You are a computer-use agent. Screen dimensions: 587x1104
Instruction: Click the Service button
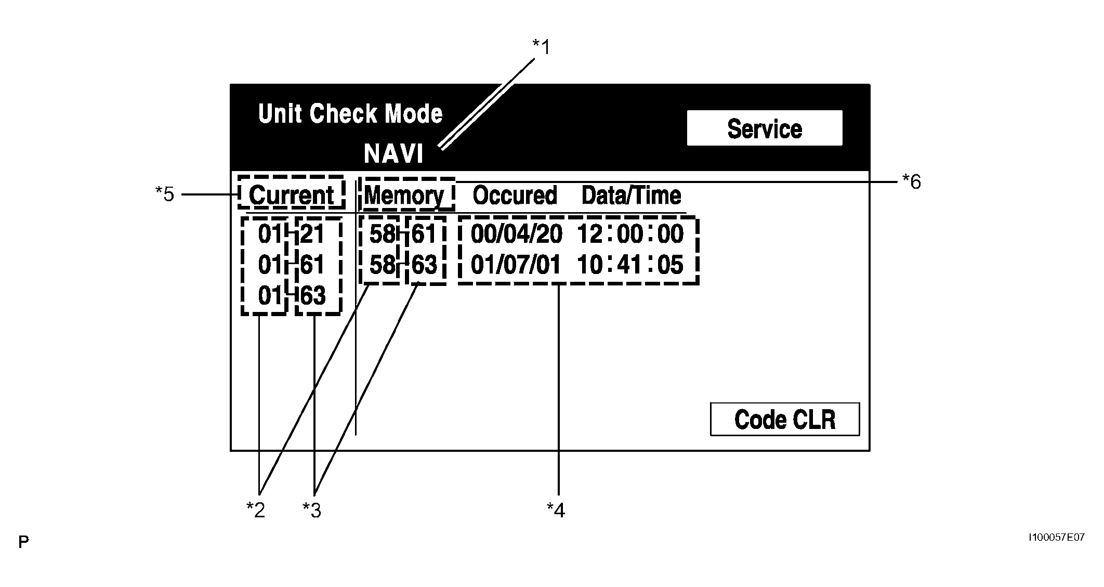click(x=764, y=128)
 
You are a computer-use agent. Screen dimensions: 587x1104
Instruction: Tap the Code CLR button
click(x=784, y=419)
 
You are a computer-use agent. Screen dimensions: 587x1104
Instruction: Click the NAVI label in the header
click(x=393, y=154)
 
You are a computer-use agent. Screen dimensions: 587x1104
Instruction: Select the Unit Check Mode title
click(x=350, y=114)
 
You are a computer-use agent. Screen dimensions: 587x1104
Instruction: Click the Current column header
click(x=291, y=195)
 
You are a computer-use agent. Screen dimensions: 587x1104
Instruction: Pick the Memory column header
click(x=404, y=195)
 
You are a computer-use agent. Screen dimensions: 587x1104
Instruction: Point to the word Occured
click(x=515, y=195)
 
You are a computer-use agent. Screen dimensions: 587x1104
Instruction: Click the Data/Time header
click(x=631, y=195)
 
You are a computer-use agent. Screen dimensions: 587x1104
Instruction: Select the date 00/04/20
click(x=516, y=234)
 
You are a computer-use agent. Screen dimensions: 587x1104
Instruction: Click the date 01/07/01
click(x=516, y=265)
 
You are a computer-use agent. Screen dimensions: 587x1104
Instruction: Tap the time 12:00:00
click(x=630, y=234)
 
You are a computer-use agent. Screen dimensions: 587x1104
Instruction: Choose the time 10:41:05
click(x=630, y=265)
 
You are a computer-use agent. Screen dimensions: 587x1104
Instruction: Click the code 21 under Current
click(x=312, y=234)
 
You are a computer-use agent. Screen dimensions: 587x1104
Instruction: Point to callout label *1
click(x=541, y=47)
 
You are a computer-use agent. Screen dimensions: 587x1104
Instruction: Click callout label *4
click(x=556, y=511)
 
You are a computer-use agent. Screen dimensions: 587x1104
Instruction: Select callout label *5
click(x=165, y=194)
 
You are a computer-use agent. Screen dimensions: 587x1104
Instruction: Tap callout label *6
click(x=911, y=182)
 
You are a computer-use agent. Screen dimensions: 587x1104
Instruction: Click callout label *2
click(x=256, y=511)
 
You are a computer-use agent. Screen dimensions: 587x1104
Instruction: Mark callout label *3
click(x=312, y=511)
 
